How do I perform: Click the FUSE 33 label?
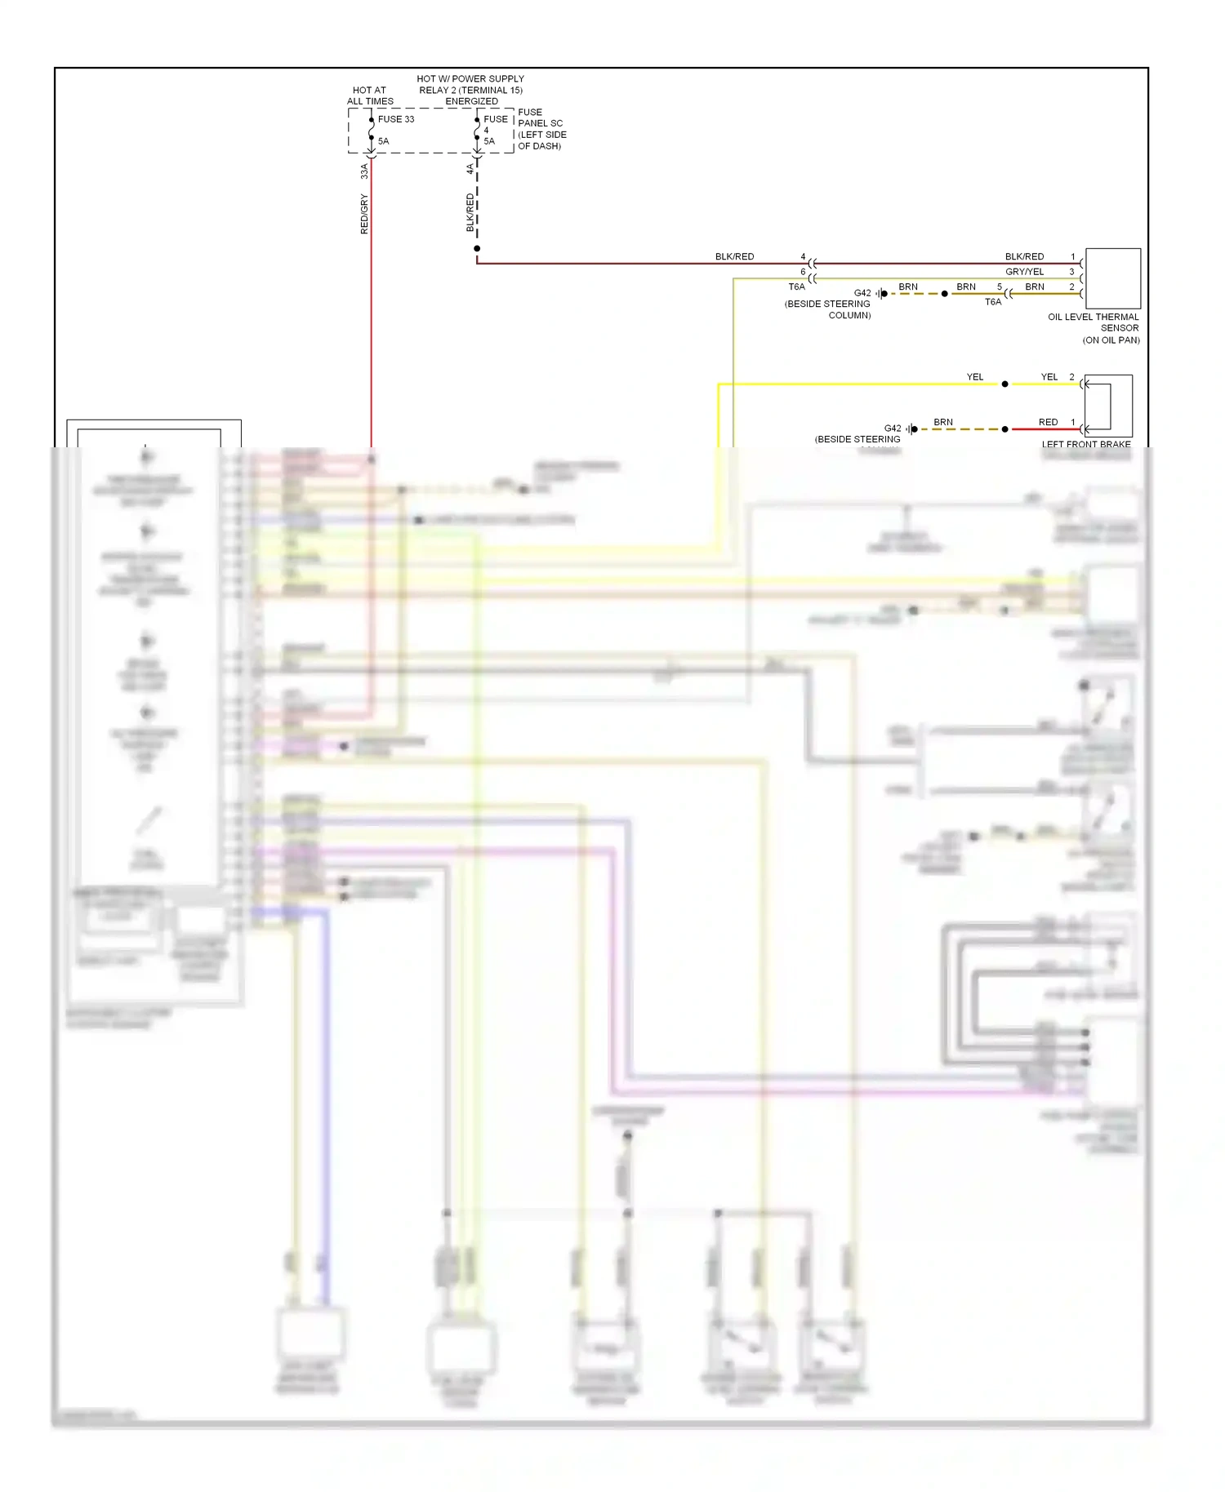tap(395, 119)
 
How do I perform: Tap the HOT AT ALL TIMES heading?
tap(370, 95)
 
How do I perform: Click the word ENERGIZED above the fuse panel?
tap(471, 101)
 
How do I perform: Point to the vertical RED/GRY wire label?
tap(364, 215)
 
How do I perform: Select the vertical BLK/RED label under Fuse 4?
tap(470, 212)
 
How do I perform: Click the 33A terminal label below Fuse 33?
tap(364, 171)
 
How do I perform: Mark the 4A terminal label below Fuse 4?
tap(470, 169)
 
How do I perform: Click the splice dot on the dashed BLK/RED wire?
tap(477, 248)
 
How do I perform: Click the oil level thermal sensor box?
tap(1112, 278)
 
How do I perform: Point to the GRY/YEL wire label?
tap(1024, 272)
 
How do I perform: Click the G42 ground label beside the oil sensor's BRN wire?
tap(862, 293)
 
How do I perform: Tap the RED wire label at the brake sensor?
tap(1048, 422)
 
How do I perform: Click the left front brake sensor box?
tap(1108, 406)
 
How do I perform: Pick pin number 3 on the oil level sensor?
tap(1071, 272)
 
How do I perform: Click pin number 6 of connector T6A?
tap(803, 272)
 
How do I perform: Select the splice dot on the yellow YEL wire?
tap(1005, 384)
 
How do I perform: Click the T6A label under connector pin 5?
tap(993, 302)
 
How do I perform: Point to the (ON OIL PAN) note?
tap(1111, 340)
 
